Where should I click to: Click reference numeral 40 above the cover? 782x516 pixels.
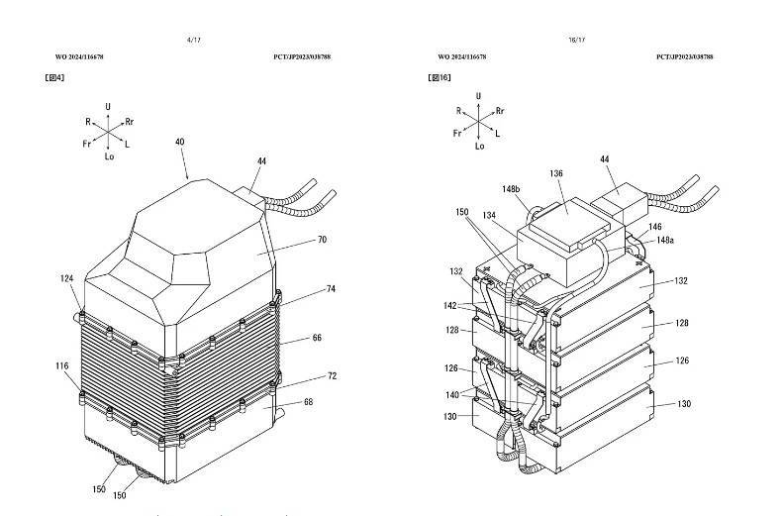[x=180, y=142]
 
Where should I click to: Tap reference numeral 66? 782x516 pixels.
[x=317, y=338]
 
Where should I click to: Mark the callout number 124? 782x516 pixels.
[x=66, y=279]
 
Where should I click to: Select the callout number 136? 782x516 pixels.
[x=556, y=173]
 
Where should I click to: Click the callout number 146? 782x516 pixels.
[x=655, y=226]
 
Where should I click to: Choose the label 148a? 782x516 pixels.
[x=666, y=240]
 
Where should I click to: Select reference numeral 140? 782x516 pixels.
[x=452, y=394]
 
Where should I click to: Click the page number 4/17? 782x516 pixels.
[x=193, y=40]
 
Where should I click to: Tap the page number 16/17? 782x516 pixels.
[x=576, y=40]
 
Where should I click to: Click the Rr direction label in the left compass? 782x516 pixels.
[x=131, y=122]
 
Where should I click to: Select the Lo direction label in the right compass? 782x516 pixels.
[x=479, y=147]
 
